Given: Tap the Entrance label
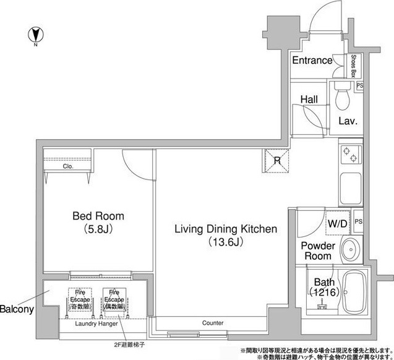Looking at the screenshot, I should click(312, 61).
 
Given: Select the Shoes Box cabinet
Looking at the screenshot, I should click(353, 66).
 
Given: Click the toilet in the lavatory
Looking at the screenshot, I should click(341, 95).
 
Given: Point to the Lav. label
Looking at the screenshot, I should click(348, 122).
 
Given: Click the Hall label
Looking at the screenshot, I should click(309, 98).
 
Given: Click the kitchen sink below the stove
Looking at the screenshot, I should click(350, 184).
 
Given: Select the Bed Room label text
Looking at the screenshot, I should click(98, 216).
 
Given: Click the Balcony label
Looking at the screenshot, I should click(17, 309).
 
